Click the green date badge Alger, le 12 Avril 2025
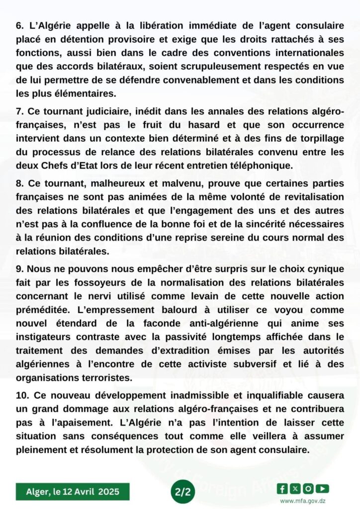(x=73, y=492)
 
